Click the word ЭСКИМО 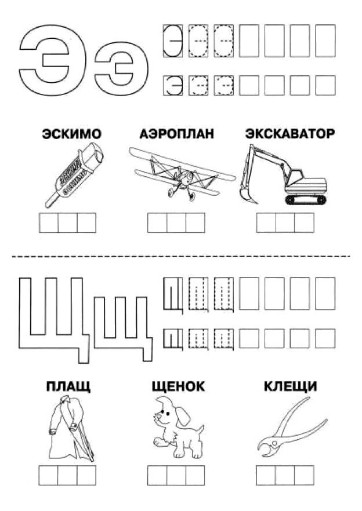(x=71, y=134)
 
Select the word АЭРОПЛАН (x=176, y=134)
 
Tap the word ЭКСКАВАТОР (x=290, y=134)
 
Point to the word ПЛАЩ (x=68, y=386)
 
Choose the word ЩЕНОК (x=178, y=386)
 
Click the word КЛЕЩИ (x=290, y=386)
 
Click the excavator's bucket (x=247, y=194)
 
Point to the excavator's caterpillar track (x=306, y=200)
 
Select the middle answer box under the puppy (x=176, y=476)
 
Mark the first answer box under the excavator (x=266, y=223)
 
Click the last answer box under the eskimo (x=86, y=223)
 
